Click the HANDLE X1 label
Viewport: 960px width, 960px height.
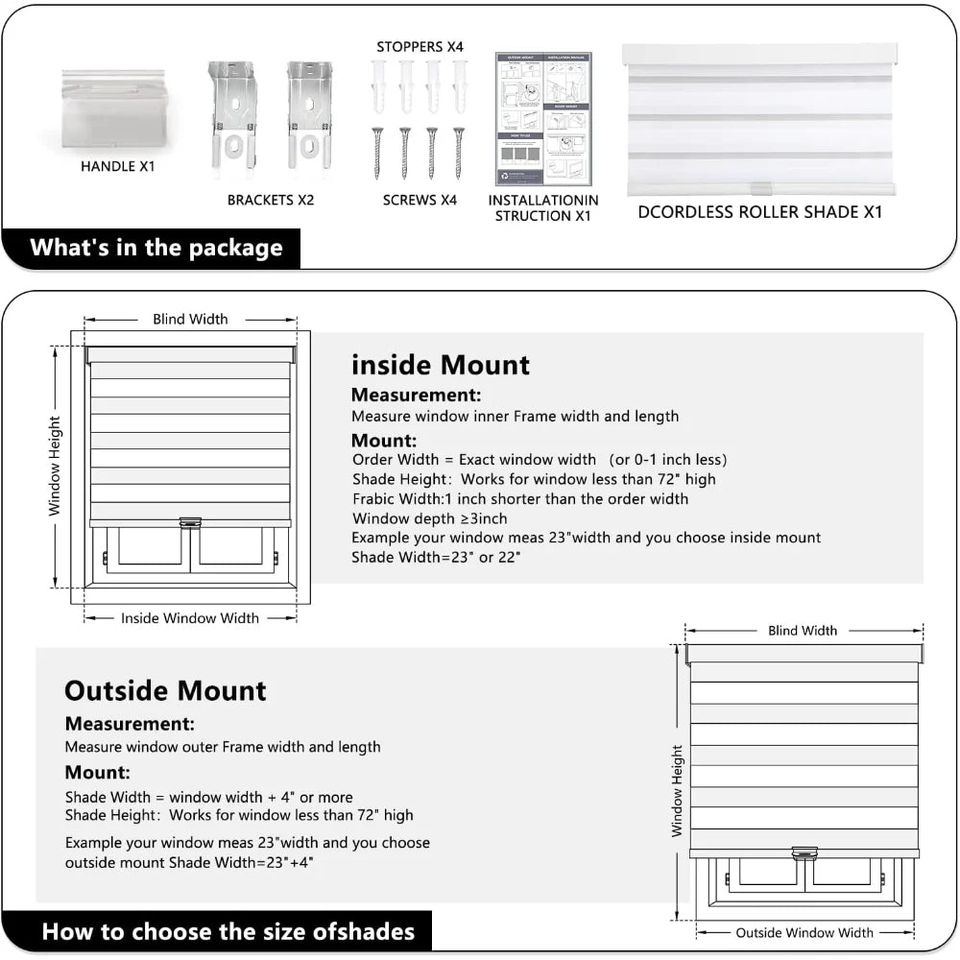click(117, 166)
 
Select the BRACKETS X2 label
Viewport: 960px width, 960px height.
click(271, 200)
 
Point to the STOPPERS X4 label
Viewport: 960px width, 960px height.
click(420, 47)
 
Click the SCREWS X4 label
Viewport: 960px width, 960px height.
click(420, 200)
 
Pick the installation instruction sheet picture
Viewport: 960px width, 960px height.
click(543, 118)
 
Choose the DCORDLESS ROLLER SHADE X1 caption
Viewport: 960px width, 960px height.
click(759, 212)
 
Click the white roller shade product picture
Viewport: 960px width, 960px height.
click(759, 118)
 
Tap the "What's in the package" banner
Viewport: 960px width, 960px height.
click(156, 248)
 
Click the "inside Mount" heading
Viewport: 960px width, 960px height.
click(441, 365)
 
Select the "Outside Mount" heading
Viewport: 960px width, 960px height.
click(165, 690)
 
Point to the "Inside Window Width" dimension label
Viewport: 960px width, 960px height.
click(190, 618)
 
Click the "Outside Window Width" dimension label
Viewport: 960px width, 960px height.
click(804, 932)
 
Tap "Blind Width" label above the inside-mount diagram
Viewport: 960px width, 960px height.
click(190, 319)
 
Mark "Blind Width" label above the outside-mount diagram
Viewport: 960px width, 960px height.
click(803, 631)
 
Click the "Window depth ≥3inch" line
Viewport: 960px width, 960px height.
click(429, 518)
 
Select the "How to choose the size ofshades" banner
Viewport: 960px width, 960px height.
click(228, 931)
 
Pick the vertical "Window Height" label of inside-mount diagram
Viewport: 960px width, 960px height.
click(55, 465)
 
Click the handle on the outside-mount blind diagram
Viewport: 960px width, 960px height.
click(804, 852)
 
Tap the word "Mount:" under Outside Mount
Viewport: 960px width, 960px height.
click(98, 772)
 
